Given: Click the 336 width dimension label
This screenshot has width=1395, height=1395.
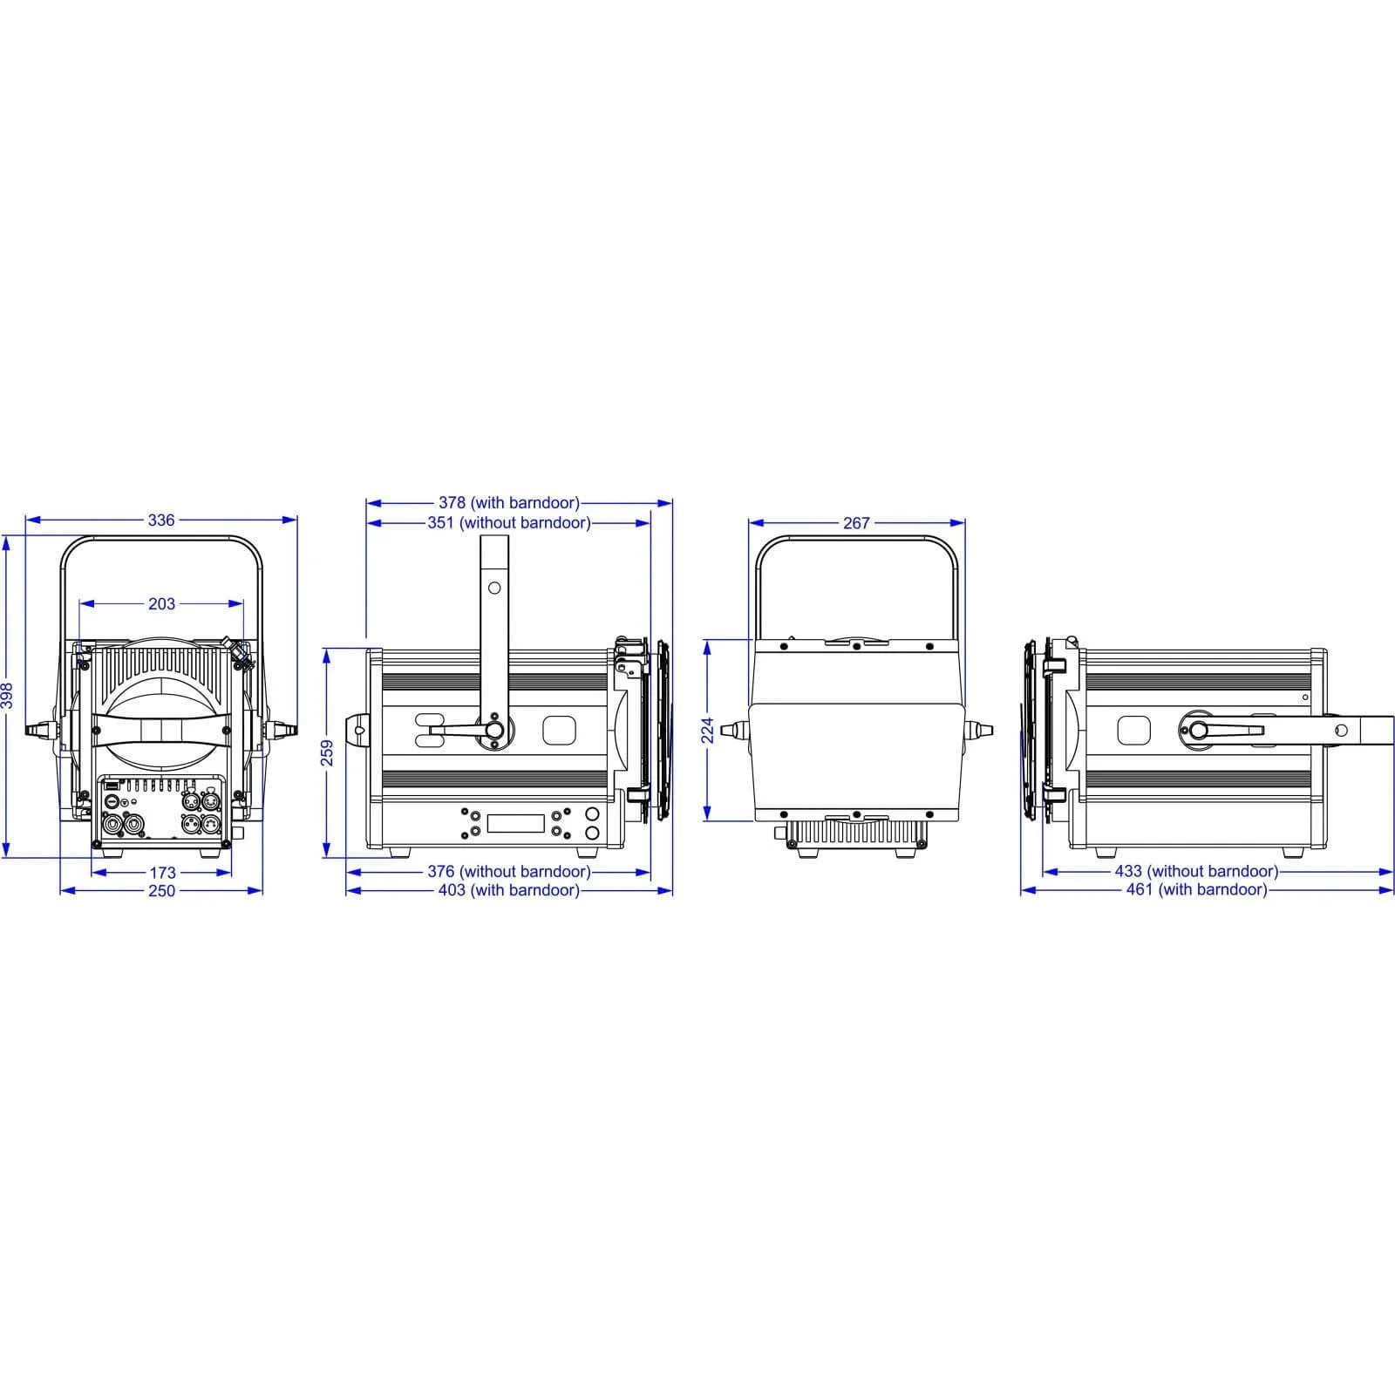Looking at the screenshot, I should [x=161, y=521].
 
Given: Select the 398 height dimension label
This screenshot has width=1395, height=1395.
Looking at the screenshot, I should [x=7, y=695].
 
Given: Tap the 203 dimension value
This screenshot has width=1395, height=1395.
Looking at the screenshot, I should [x=161, y=603].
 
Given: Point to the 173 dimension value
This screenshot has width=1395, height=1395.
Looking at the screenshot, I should [x=162, y=872].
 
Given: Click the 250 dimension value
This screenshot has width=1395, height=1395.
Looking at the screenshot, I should [x=161, y=890].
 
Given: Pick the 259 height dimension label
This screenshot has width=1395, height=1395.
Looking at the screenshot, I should [x=328, y=752].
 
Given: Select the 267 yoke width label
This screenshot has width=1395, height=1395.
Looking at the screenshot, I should [x=856, y=523].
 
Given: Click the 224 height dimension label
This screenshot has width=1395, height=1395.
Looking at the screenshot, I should [x=708, y=730].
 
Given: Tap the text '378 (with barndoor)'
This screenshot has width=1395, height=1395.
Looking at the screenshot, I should [x=509, y=503].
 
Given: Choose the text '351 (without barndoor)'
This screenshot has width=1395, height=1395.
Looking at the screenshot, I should [x=509, y=523].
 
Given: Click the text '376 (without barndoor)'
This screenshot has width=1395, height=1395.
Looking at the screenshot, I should [x=509, y=871].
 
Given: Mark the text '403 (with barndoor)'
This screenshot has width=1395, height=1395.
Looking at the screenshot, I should [x=509, y=890].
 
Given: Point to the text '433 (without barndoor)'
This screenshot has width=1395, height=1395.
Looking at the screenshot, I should [x=1196, y=871].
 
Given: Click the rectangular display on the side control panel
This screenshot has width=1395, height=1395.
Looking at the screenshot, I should [x=515, y=822].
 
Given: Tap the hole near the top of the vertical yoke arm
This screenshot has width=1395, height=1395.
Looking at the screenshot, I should [x=494, y=588].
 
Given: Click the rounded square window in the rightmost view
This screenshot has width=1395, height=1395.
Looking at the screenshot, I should [x=1133, y=731].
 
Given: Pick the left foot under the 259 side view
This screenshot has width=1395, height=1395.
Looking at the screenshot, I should [x=400, y=852].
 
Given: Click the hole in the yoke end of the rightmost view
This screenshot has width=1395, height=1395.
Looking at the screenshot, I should [x=1342, y=731].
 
